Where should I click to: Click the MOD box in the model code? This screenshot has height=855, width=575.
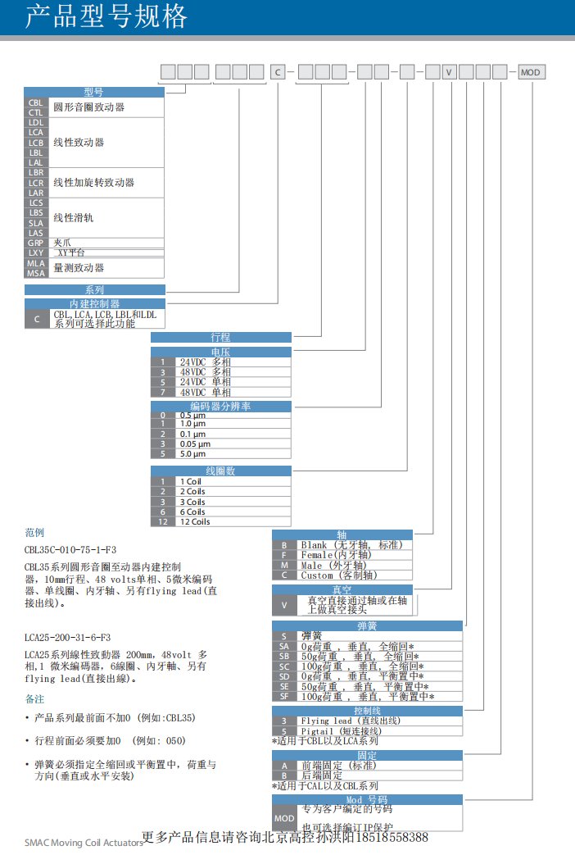click(x=531, y=72)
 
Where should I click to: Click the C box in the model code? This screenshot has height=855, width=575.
click(x=278, y=72)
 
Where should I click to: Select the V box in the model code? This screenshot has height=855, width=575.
click(x=450, y=72)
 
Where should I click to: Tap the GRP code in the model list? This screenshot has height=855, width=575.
click(x=36, y=243)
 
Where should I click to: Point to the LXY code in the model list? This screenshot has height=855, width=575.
click(x=36, y=253)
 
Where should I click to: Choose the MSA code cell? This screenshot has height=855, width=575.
click(x=36, y=273)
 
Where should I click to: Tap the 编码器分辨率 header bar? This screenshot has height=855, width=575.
click(x=220, y=407)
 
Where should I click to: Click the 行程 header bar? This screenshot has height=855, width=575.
click(x=220, y=337)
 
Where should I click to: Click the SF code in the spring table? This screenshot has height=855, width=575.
click(x=283, y=696)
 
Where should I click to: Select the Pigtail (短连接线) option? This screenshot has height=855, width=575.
click(x=344, y=730)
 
